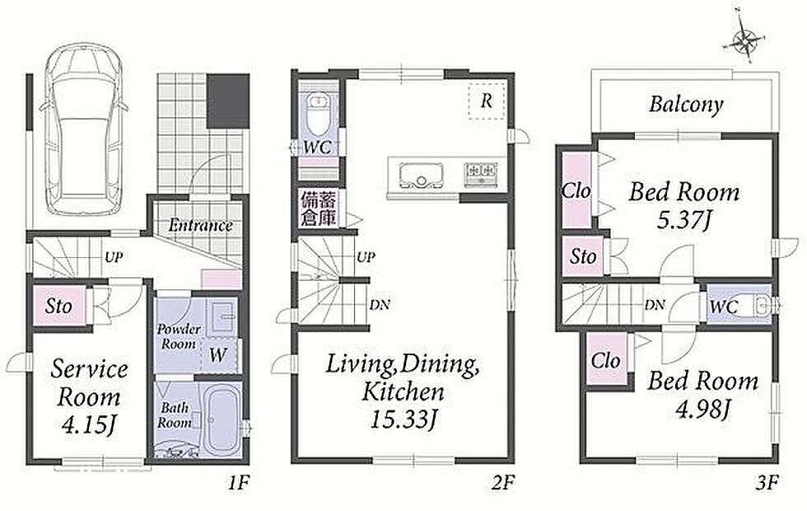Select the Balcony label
click(685, 105)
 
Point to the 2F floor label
click(503, 483)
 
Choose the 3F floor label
click(767, 483)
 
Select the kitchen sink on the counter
click(422, 176)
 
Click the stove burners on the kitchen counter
click(481, 174)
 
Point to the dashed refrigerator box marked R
click(487, 101)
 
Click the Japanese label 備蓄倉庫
click(320, 209)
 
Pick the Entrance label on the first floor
click(200, 225)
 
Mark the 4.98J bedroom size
click(702, 410)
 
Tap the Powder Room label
click(179, 336)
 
